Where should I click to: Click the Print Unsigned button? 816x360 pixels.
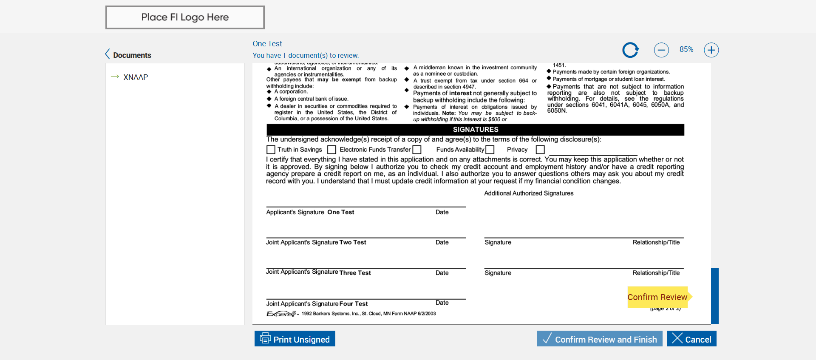click(295, 339)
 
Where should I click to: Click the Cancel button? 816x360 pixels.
click(691, 339)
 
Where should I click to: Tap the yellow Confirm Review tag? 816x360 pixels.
click(657, 297)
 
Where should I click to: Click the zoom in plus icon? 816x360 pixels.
click(711, 50)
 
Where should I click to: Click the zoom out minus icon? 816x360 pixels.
click(661, 50)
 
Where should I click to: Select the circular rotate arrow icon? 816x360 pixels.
click(630, 50)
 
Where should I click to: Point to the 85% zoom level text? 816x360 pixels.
click(686, 49)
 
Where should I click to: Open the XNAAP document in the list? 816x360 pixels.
click(136, 77)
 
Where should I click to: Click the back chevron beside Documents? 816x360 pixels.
click(108, 54)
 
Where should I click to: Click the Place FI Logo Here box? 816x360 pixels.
click(185, 17)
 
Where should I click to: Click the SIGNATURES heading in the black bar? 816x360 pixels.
click(475, 130)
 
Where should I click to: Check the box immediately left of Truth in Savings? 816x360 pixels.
click(271, 150)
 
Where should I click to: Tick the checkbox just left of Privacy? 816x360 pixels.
click(490, 150)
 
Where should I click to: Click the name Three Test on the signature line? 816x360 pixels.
click(355, 273)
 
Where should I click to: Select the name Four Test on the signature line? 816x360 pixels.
click(353, 304)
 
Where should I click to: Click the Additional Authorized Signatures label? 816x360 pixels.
click(529, 193)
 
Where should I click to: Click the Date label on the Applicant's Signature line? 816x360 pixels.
click(442, 212)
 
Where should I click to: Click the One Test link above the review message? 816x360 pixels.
click(267, 44)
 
